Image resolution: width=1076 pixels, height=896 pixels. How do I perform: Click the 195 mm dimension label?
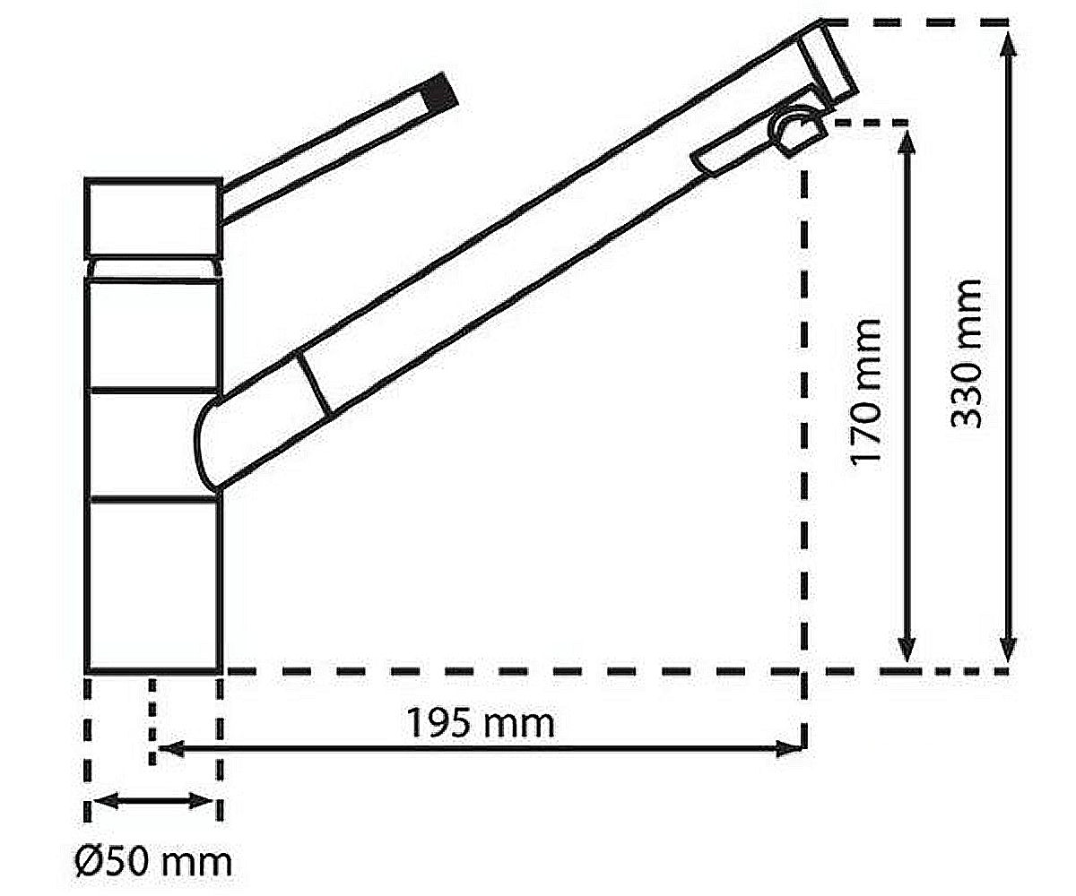[481, 723]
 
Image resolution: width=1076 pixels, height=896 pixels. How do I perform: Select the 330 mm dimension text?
[965, 353]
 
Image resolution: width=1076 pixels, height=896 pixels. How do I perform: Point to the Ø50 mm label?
[153, 862]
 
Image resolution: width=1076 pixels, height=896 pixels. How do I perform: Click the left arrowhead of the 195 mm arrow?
[171, 748]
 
